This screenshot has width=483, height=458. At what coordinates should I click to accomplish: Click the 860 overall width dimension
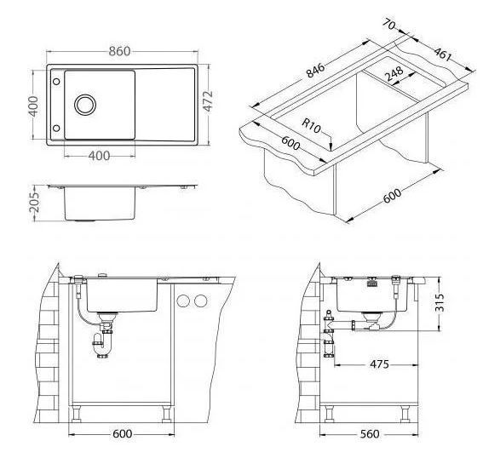119,51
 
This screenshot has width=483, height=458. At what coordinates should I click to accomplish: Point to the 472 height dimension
208,100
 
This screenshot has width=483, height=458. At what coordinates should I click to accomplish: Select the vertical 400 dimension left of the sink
33,106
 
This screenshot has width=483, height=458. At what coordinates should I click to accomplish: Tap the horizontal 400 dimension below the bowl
99,156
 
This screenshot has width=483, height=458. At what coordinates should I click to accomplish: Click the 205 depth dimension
34,202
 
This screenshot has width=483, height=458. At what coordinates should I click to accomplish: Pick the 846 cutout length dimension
315,71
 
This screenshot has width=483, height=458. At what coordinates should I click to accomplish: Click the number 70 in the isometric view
389,25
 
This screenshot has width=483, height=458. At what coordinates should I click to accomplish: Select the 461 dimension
443,54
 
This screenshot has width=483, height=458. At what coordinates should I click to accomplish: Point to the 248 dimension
394,73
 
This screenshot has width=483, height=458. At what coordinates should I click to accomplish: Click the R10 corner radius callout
311,125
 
